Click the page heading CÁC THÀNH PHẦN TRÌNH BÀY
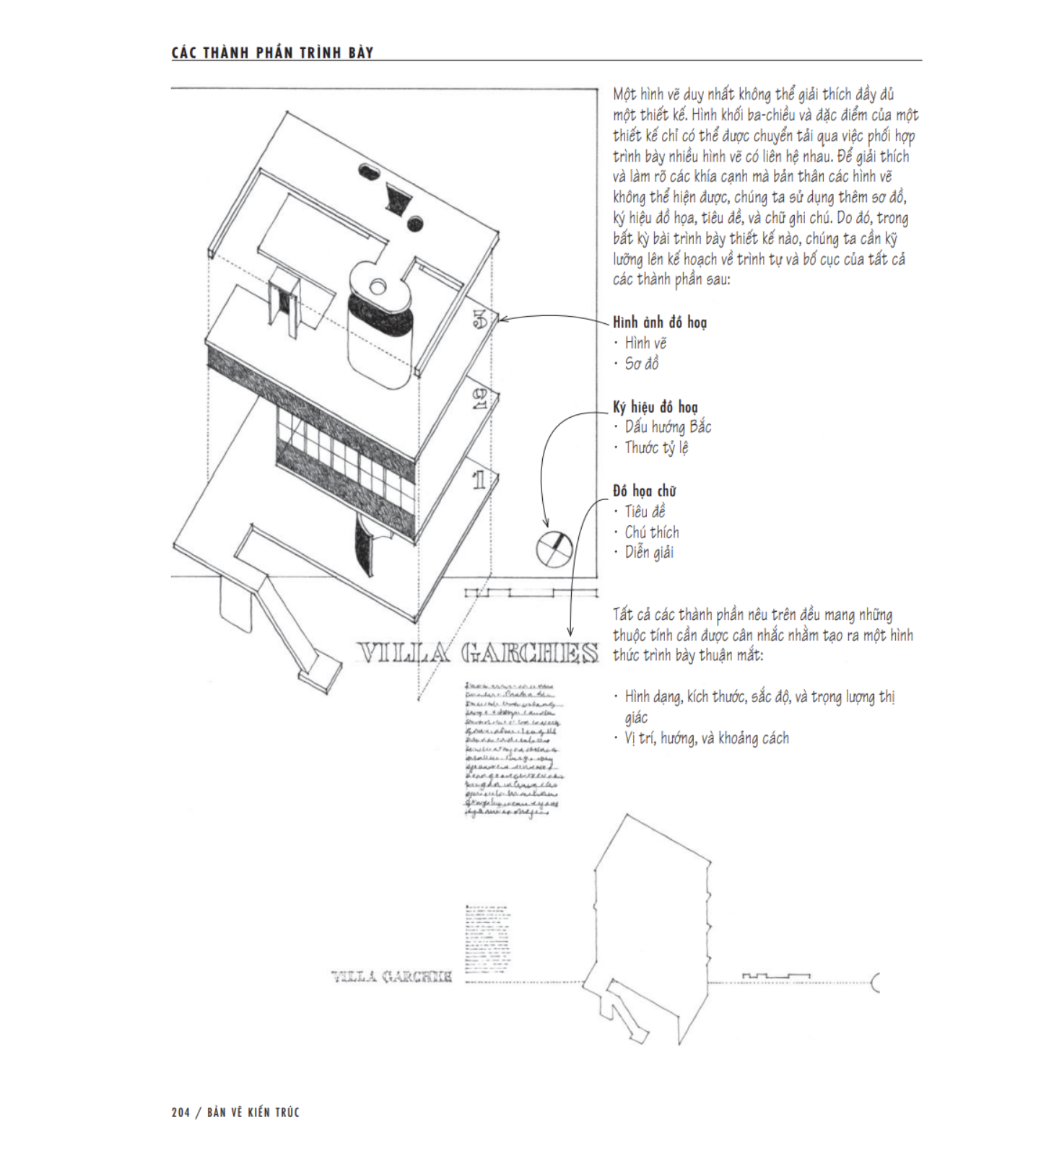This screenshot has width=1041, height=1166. [x=272, y=53]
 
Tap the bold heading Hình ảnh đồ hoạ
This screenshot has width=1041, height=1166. [x=660, y=323]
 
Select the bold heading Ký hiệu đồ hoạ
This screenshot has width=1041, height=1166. [x=655, y=407]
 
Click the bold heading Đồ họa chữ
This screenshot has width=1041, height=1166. [x=645, y=491]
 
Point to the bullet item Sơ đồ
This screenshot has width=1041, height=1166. [x=641, y=364]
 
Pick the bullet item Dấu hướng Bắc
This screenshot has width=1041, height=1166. [x=668, y=427]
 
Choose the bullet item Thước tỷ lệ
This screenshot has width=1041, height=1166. [x=656, y=447]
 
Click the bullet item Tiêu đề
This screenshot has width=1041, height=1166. [x=645, y=512]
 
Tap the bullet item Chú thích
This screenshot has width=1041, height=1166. [x=652, y=532]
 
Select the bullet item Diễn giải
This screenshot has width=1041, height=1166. [x=649, y=553]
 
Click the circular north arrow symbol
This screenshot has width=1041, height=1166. [x=554, y=549]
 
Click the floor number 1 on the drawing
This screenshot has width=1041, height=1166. [x=479, y=480]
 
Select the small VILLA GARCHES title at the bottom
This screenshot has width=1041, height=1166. [x=392, y=977]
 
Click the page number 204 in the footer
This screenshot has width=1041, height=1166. [x=180, y=1112]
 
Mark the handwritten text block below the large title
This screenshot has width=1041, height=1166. [x=513, y=748]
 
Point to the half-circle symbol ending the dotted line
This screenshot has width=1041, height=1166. [x=876, y=982]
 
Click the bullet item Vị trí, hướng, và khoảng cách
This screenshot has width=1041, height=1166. [x=706, y=738]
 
